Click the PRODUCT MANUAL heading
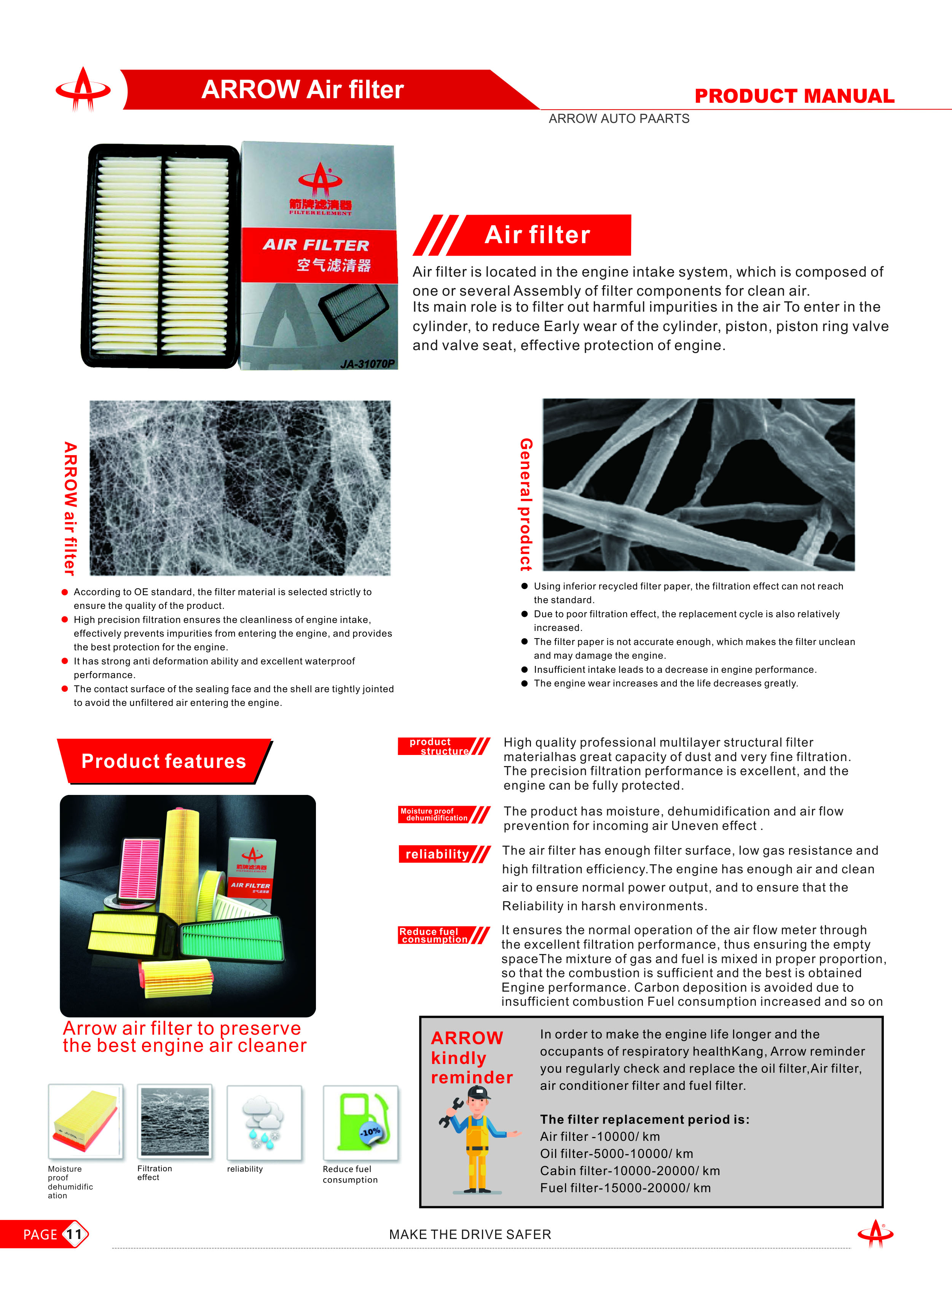coord(794,96)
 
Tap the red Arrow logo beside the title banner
coord(83,89)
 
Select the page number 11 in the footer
coord(74,1234)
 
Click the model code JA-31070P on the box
coord(367,363)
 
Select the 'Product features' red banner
coord(164,761)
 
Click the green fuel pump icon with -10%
coord(360,1122)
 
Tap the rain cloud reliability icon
coord(264,1122)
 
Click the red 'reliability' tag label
coord(437,854)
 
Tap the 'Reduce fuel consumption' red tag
coord(434,935)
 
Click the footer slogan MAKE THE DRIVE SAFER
coord(470,1234)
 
